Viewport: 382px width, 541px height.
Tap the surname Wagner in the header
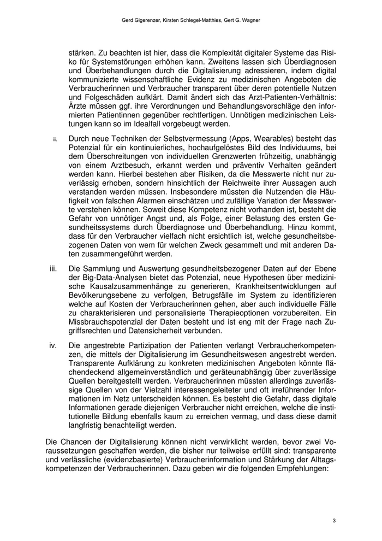248,20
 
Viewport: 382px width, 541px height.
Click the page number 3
333,520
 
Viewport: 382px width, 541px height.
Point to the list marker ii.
55,139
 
